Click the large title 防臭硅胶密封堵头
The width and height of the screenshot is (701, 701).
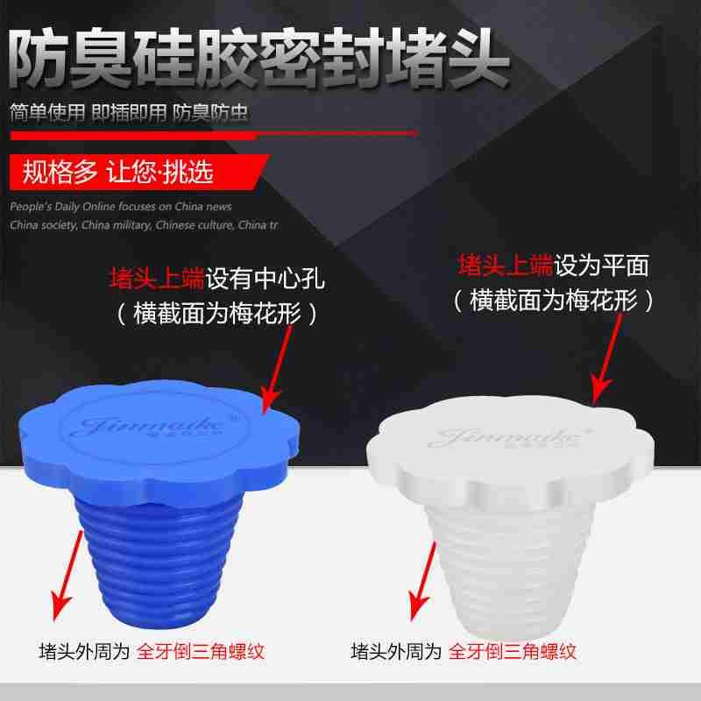(258, 54)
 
